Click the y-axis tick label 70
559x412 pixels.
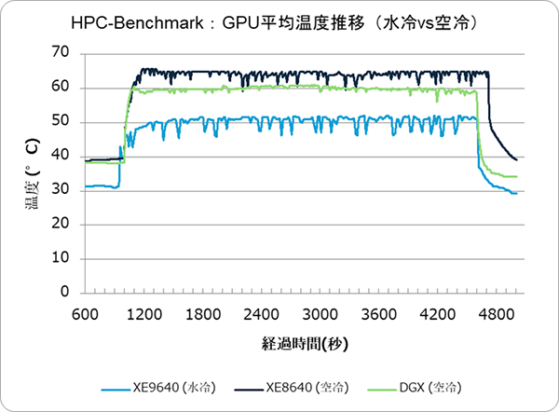coord(63,53)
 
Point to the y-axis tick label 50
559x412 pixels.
coord(63,122)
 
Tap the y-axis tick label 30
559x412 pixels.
coord(63,190)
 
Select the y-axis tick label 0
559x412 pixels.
coord(67,293)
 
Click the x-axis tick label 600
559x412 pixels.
coord(85,313)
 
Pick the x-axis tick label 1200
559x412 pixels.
coord(143,313)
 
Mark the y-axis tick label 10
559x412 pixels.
coord(63,258)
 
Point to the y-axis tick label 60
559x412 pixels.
coord(63,88)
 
